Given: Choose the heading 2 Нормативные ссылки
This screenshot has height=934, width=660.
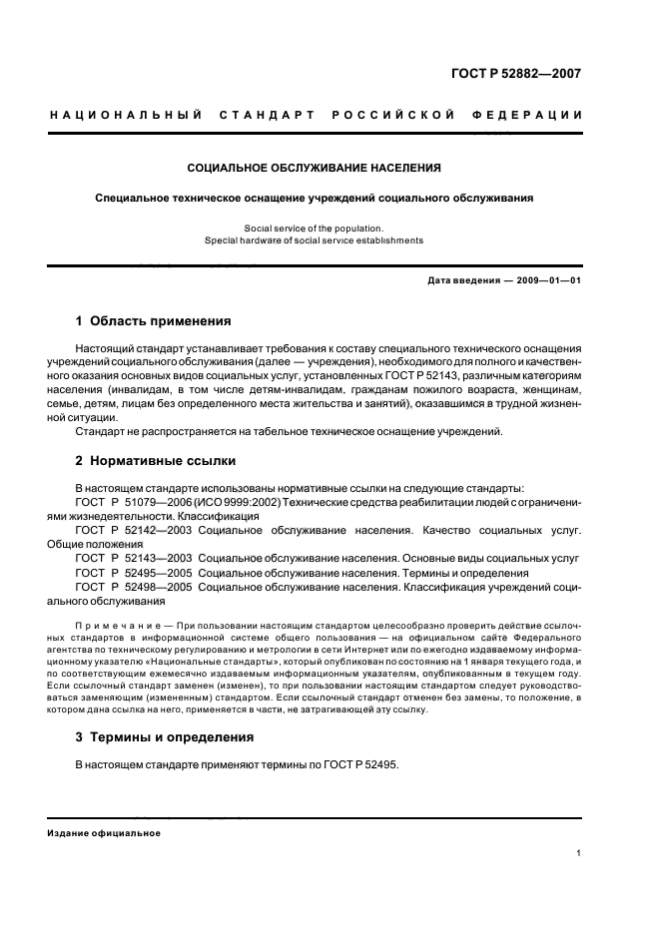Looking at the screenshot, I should click(156, 461).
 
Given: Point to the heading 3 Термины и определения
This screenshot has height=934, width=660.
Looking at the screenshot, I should click(165, 737).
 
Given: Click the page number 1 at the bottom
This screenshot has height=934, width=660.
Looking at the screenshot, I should click(579, 853).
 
